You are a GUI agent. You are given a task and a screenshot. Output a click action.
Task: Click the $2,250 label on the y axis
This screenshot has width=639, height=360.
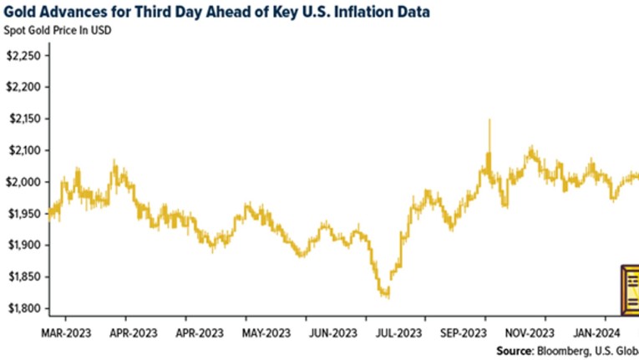point(23,56)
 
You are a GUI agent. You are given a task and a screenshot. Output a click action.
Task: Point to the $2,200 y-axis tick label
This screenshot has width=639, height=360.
point(23,88)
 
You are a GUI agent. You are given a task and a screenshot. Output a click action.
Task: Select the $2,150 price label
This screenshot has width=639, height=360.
point(23,119)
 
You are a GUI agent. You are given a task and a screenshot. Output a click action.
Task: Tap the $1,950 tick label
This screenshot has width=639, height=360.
point(23,214)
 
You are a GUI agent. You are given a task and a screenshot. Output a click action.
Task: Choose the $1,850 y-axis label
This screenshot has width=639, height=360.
point(23,277)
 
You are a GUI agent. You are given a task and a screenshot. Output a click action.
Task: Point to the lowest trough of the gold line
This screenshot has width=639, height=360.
point(385,294)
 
